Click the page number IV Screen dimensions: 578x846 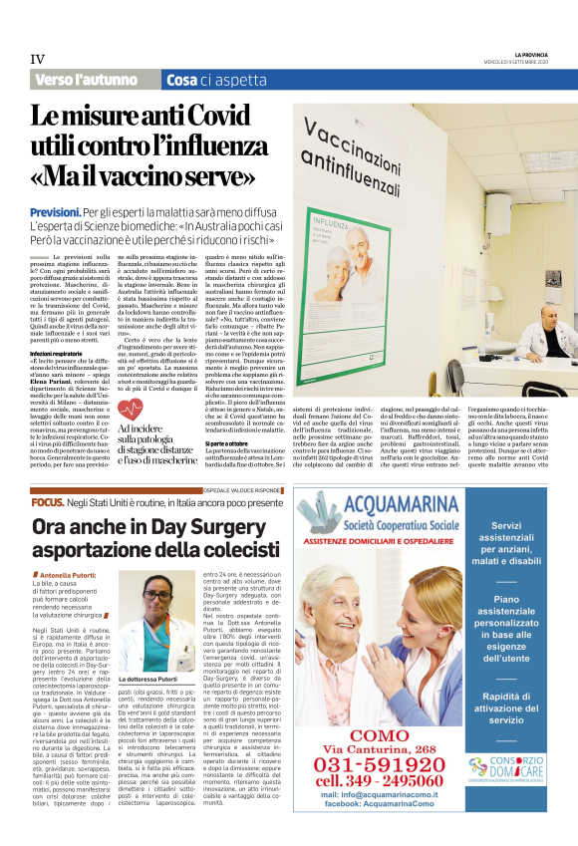pos(38,58)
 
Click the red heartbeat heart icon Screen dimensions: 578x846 pos(132,408)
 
